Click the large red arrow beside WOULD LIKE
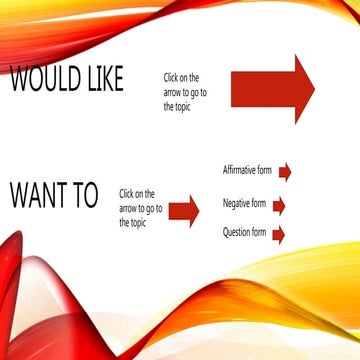(271, 89)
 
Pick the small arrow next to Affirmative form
(285, 172)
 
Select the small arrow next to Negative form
(279, 206)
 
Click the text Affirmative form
(248, 171)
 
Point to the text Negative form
(244, 205)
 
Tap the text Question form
(244, 233)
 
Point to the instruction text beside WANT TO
(137, 208)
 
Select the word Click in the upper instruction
(172, 77)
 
